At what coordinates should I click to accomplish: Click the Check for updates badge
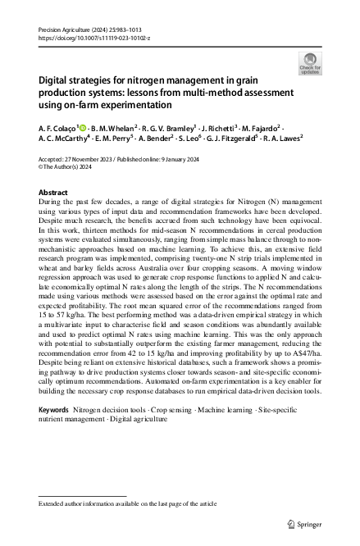[310, 63]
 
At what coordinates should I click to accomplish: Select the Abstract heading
[53, 191]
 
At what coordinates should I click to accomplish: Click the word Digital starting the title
[55, 82]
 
